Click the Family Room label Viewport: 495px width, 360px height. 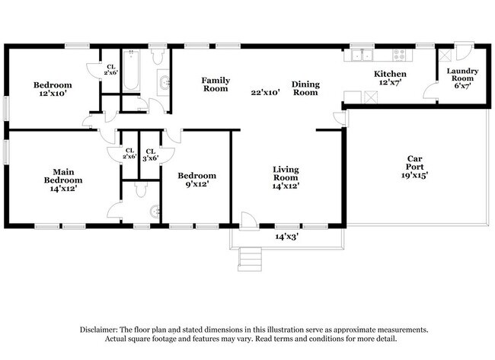215,84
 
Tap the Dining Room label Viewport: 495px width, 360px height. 305,88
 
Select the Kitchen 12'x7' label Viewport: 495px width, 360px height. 389,78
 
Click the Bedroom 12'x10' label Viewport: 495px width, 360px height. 53,89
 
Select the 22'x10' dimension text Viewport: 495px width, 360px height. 266,93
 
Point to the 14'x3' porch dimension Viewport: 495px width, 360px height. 286,237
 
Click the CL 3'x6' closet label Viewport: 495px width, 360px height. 151,155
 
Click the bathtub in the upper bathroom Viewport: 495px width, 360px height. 131,71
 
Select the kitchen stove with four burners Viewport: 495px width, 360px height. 398,55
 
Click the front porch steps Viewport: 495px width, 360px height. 251,260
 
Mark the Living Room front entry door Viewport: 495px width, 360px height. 247,221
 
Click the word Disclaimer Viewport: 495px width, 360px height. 103,330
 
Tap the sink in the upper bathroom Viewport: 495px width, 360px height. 164,81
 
